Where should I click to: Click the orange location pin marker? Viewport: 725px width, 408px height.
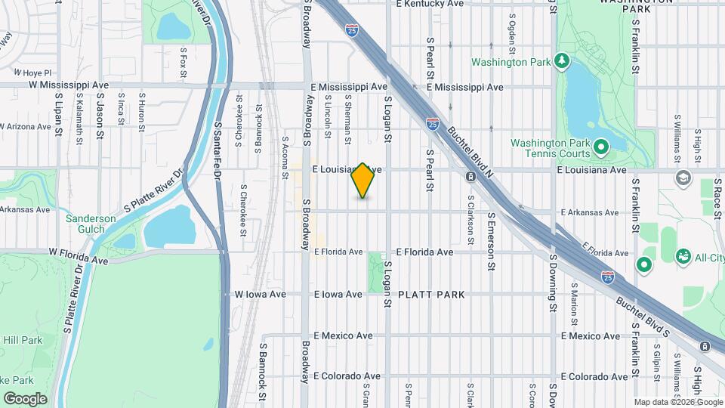(x=363, y=181)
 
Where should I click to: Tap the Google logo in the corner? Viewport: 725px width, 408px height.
(x=25, y=398)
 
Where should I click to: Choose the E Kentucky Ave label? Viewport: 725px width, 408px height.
(x=430, y=4)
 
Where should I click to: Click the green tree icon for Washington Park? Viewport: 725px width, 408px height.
(x=560, y=60)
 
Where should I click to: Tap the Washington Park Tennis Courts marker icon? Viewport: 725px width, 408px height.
(x=600, y=147)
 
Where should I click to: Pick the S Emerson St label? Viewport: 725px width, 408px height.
(x=490, y=241)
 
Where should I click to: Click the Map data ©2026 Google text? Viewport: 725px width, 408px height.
(x=677, y=402)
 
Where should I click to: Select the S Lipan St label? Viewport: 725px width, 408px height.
(x=57, y=116)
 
